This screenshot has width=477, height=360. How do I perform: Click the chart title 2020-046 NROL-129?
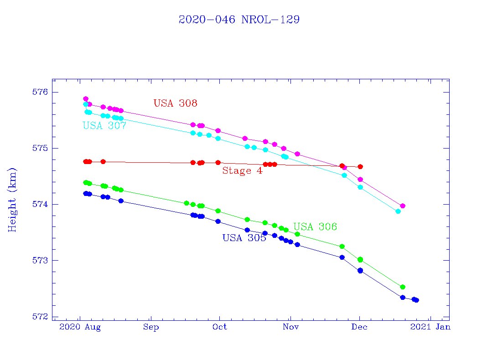tap(239, 20)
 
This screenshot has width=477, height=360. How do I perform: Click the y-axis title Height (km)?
tap(12, 200)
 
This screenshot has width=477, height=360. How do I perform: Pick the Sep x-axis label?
tap(150, 327)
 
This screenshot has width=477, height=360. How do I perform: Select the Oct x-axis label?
tap(220, 327)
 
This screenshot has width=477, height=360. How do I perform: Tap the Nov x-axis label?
tap(290, 327)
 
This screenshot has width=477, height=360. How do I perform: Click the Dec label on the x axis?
tap(360, 327)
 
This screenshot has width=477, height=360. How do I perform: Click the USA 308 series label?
tap(175, 103)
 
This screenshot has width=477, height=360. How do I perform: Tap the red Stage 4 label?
tap(242, 171)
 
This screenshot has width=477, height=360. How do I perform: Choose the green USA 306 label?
tap(315, 227)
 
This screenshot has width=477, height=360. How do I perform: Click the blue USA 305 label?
tap(244, 238)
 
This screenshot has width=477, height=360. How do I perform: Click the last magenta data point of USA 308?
tap(403, 206)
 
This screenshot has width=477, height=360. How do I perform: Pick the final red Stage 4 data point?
tap(360, 167)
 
